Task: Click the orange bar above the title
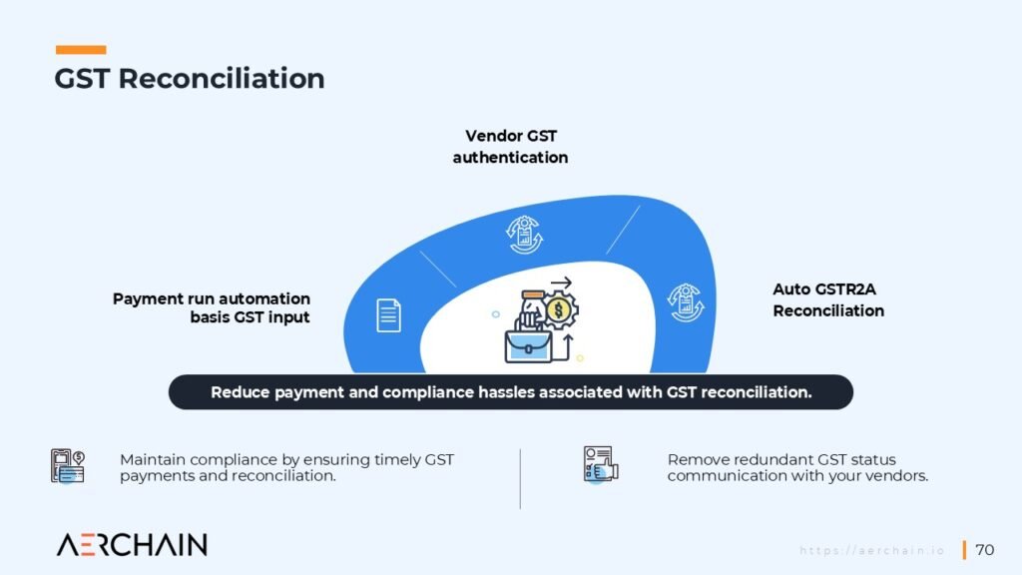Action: point(81,50)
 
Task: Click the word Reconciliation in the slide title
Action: point(222,78)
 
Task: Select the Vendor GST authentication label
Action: point(510,147)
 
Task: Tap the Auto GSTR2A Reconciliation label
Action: point(828,299)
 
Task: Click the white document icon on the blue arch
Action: point(388,314)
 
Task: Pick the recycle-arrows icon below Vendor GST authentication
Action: point(524,235)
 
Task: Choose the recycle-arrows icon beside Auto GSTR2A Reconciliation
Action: point(685,302)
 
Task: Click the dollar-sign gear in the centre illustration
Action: point(559,310)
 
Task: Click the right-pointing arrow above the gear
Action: point(561,283)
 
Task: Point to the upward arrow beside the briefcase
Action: point(567,346)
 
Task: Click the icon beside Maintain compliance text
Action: point(68,466)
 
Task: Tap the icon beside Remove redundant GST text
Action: point(600,464)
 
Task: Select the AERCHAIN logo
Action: point(132,545)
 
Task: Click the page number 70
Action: point(984,550)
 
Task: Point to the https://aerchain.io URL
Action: point(872,551)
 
